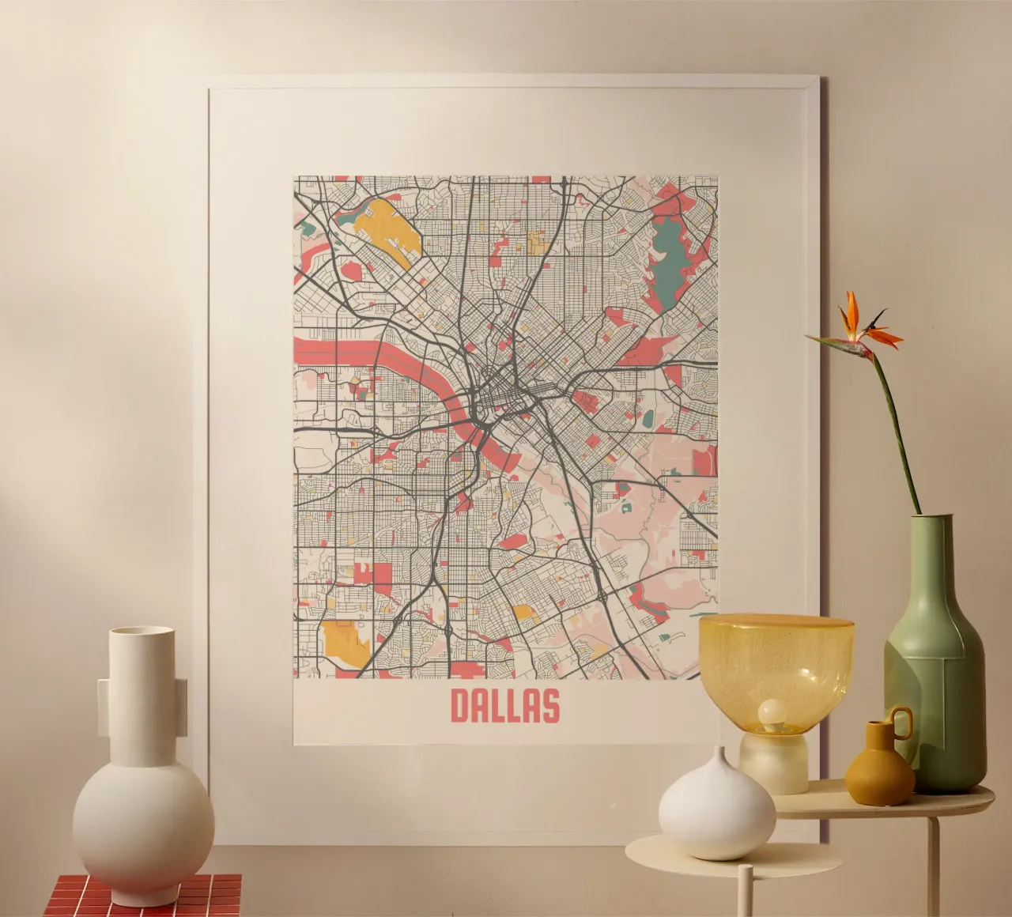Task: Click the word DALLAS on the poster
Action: pos(504,706)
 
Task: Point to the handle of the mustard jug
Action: pos(901,721)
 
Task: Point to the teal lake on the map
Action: pos(671,249)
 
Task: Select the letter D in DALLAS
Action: pos(461,706)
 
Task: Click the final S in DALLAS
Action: pos(550,706)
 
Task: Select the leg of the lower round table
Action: pos(744,894)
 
